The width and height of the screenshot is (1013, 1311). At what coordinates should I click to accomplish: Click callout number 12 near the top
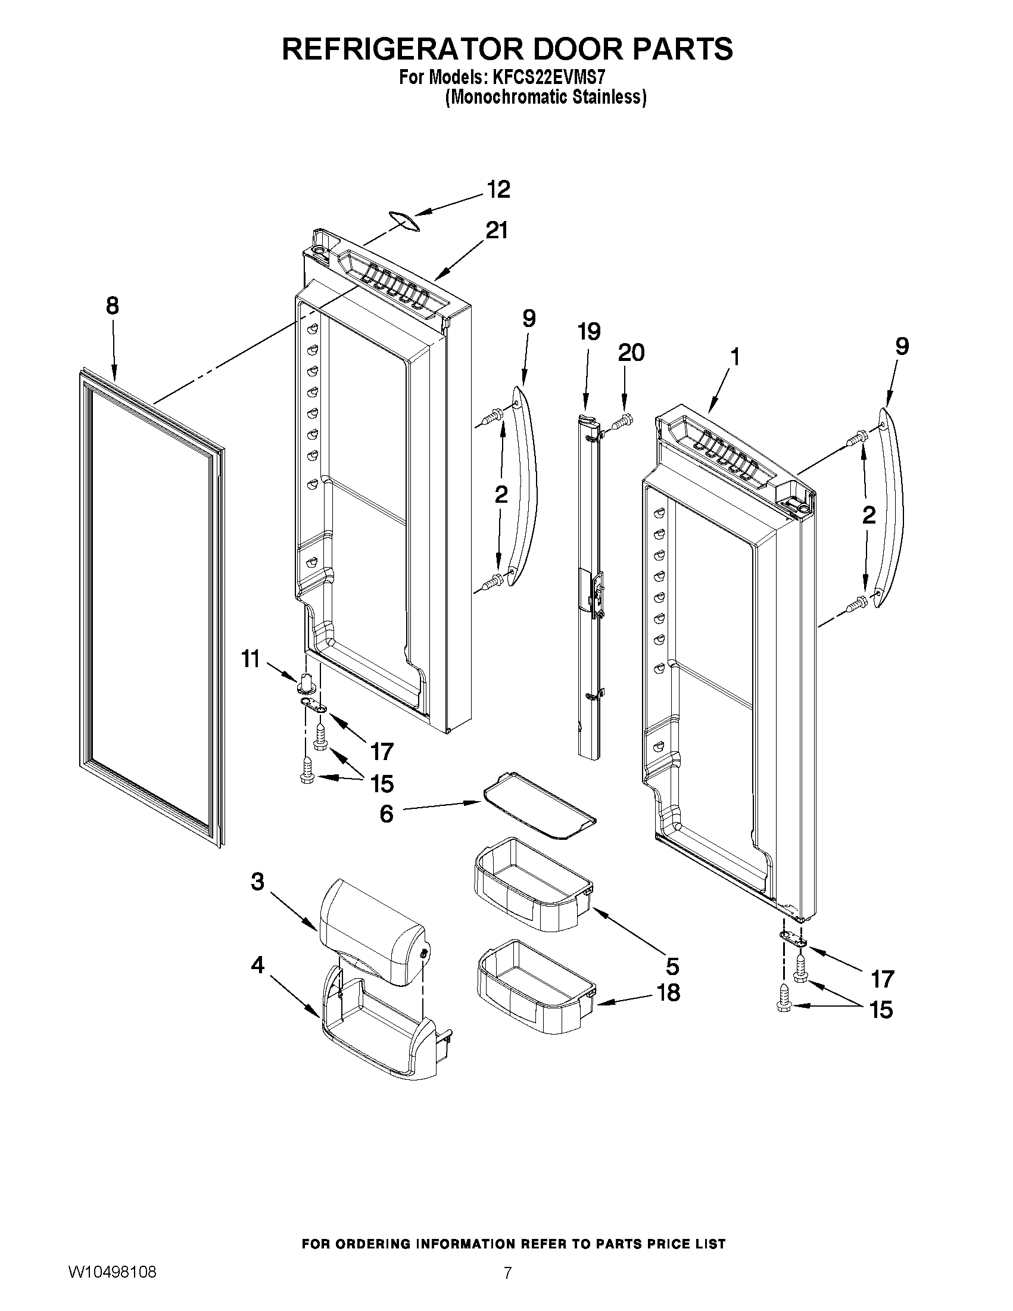click(498, 189)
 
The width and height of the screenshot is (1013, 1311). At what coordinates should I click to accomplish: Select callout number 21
click(497, 230)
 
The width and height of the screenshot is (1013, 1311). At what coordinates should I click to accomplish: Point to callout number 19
click(589, 331)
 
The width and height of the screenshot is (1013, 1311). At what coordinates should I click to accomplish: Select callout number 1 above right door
click(733, 358)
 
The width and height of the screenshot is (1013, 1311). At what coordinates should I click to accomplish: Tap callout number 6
click(387, 815)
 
